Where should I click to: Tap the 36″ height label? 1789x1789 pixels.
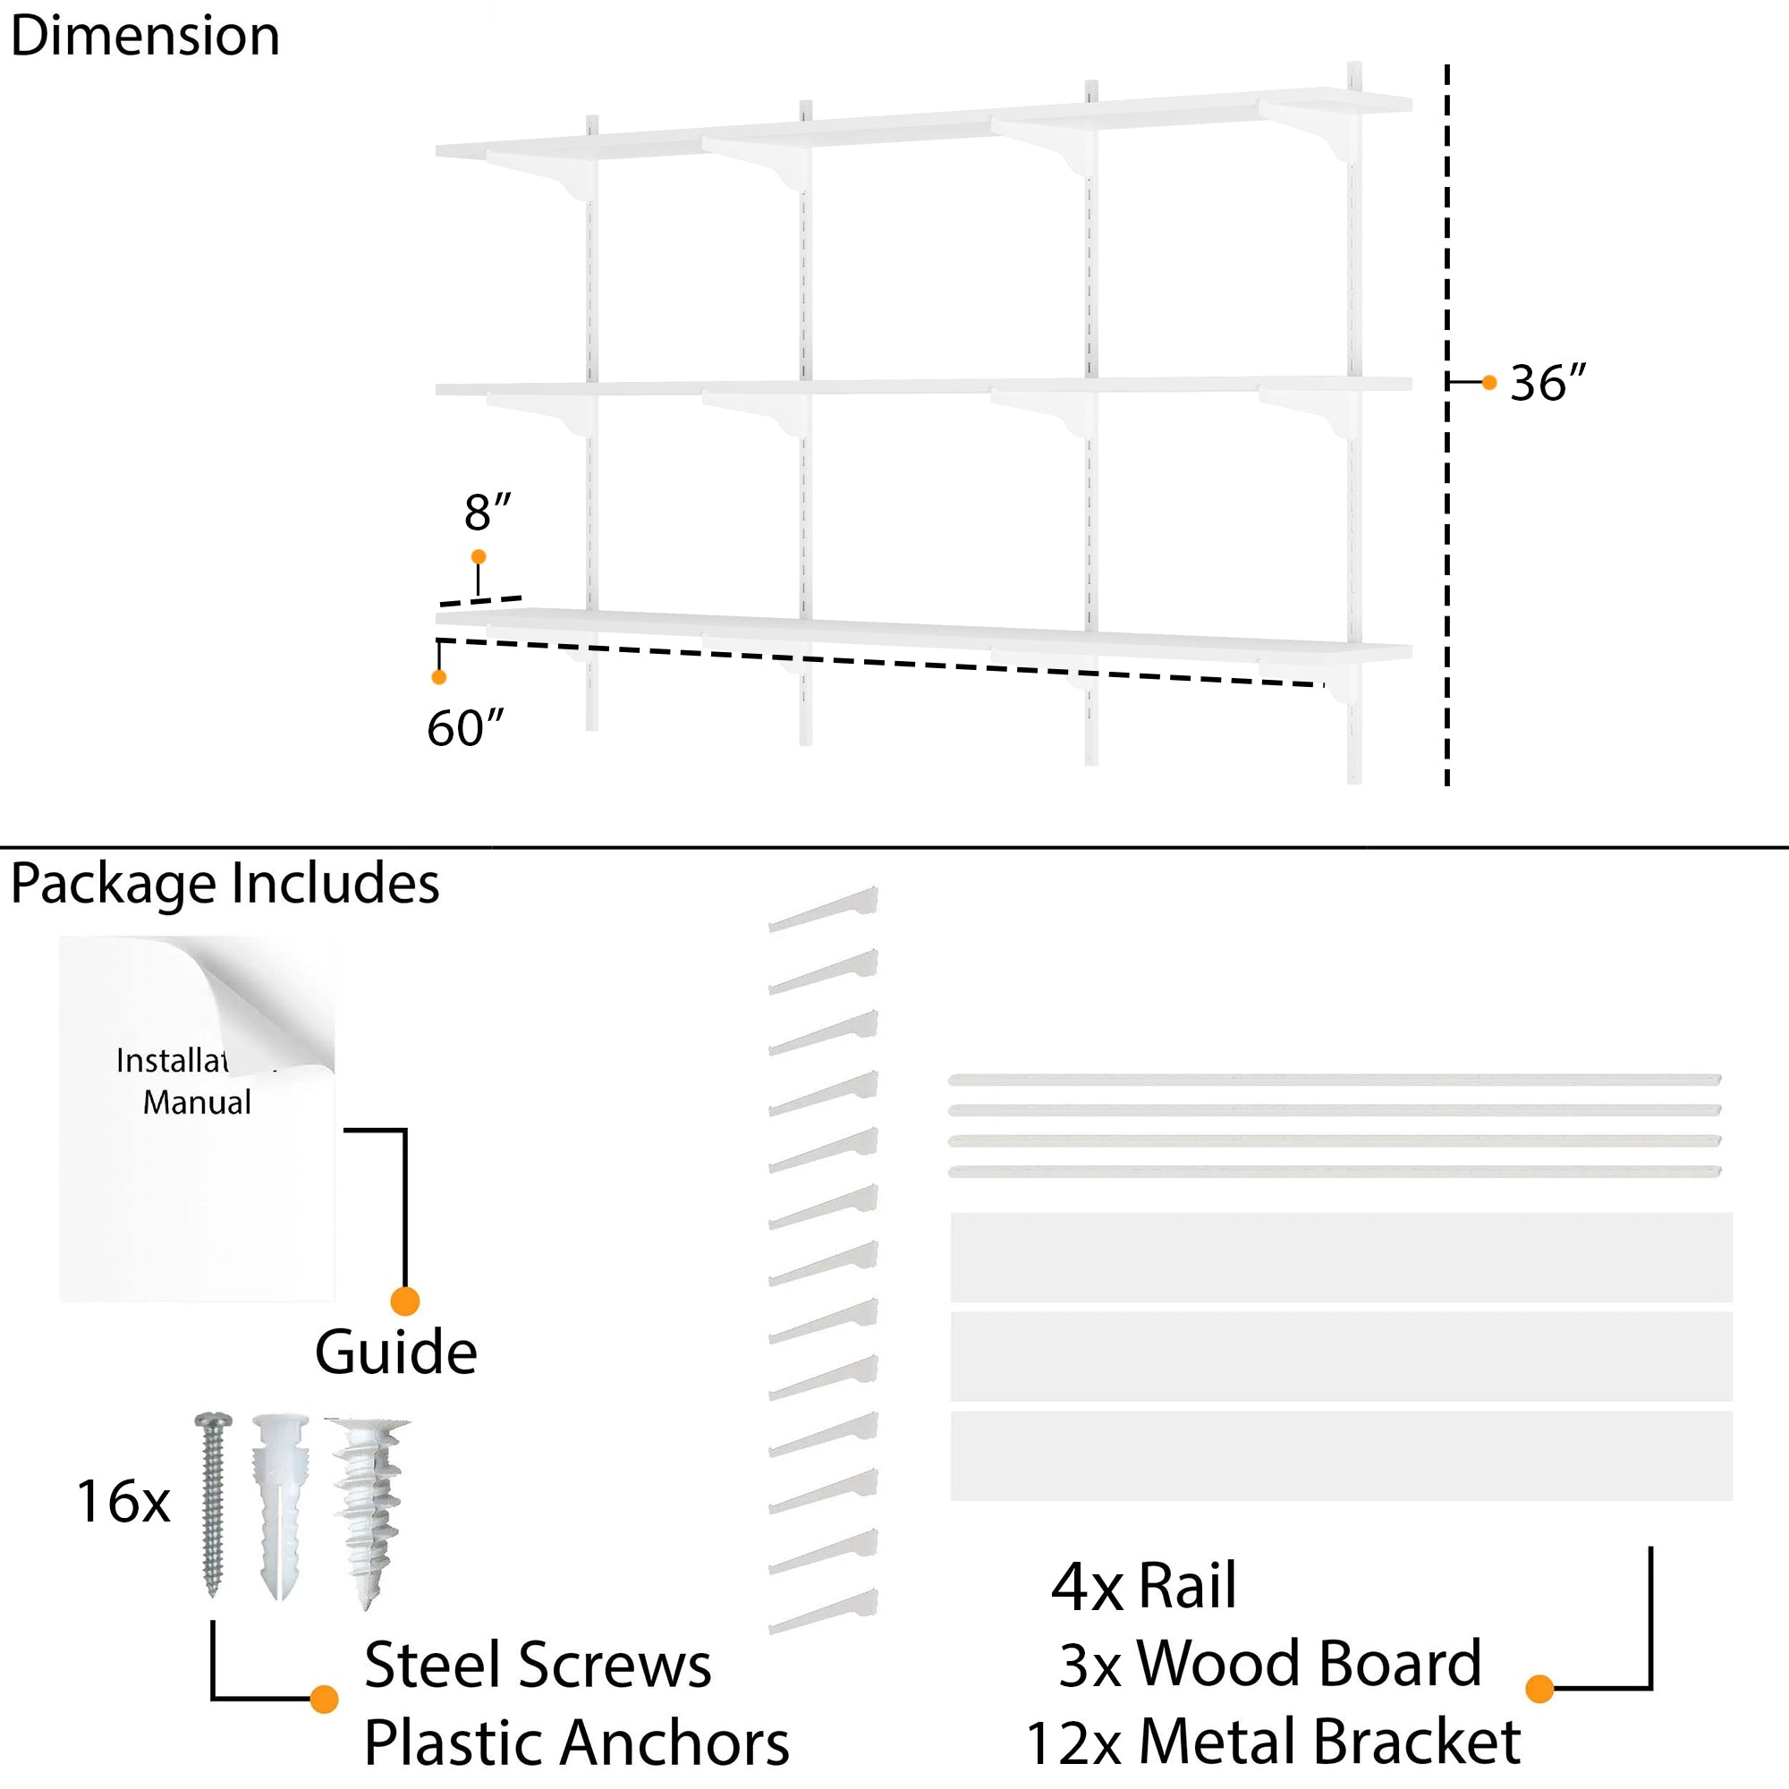pyautogui.click(x=1547, y=383)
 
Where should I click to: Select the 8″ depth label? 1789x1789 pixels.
pyautogui.click(x=488, y=512)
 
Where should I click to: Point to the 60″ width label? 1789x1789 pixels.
pyautogui.click(x=465, y=728)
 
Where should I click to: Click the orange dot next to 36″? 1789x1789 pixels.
pyautogui.click(x=1489, y=383)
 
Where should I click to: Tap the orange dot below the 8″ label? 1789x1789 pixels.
pyautogui.click(x=478, y=556)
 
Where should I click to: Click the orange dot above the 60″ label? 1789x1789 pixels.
pyautogui.click(x=439, y=677)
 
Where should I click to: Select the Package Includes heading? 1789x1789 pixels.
pyautogui.click(x=225, y=884)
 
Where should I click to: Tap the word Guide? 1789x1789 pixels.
pyautogui.click(x=395, y=1352)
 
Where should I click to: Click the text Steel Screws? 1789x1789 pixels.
pyautogui.click(x=537, y=1665)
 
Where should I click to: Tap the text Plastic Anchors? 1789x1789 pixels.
pyautogui.click(x=576, y=1742)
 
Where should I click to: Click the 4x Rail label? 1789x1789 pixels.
pyautogui.click(x=1143, y=1586)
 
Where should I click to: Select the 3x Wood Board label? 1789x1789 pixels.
pyautogui.click(x=1269, y=1664)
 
